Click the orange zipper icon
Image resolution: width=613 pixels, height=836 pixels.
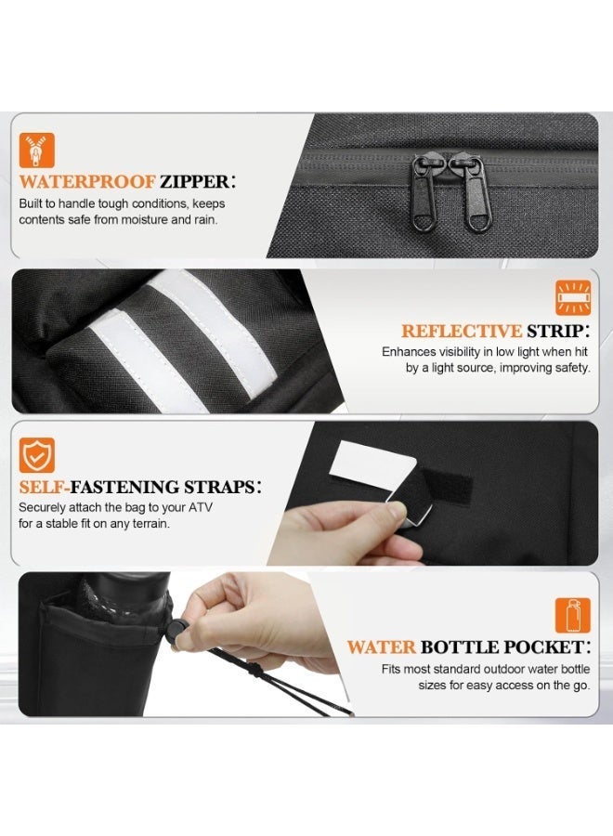click(x=37, y=150)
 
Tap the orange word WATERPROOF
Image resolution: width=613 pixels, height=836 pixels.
click(x=87, y=182)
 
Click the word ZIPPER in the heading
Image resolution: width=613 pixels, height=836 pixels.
click(x=194, y=182)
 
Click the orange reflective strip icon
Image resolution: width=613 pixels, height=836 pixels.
click(x=573, y=297)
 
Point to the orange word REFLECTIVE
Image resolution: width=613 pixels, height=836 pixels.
click(x=461, y=331)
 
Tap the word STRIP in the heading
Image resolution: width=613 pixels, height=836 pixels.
click(x=554, y=331)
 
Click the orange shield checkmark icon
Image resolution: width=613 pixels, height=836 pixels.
click(x=37, y=455)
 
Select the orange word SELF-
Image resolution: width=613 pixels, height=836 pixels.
click(x=45, y=488)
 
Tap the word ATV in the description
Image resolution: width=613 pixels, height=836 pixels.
click(x=201, y=507)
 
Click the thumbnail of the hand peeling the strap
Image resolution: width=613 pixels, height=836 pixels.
click(x=432, y=493)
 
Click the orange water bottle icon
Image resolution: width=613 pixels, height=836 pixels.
click(x=573, y=615)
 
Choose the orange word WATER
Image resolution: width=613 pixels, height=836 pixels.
click(x=381, y=647)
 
